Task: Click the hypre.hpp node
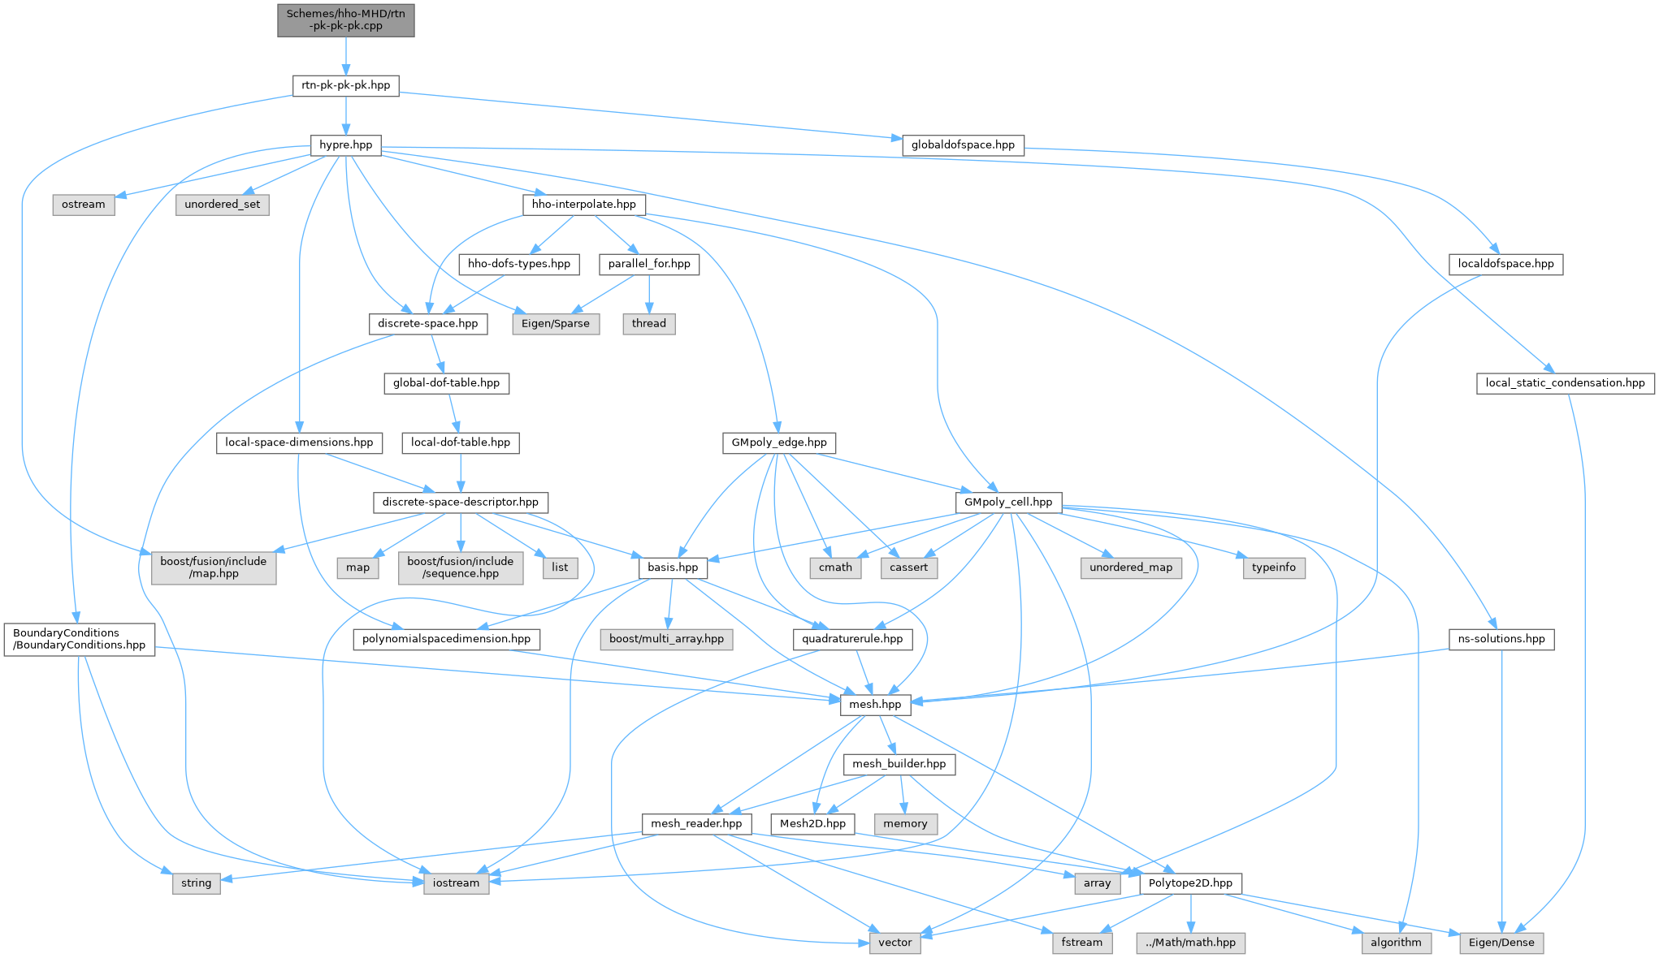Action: coord(345,145)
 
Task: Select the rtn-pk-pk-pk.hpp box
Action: coord(345,85)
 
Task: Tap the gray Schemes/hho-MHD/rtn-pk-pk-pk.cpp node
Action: coord(345,19)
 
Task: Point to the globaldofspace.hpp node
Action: coord(963,145)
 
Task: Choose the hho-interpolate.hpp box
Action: coord(583,205)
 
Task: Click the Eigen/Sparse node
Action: coord(556,324)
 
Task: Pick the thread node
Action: coord(648,324)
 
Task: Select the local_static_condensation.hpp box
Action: coord(1565,383)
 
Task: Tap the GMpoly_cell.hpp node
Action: coord(1007,503)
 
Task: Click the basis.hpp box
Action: coord(673,567)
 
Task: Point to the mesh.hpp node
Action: coord(875,705)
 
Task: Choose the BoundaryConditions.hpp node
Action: coord(79,639)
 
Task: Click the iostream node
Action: coord(456,883)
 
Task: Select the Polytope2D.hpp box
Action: coord(1190,883)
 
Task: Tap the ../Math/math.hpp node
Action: coord(1190,943)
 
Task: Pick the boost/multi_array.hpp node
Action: coord(666,639)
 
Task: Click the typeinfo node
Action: coord(1273,567)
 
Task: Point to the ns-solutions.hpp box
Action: coord(1501,639)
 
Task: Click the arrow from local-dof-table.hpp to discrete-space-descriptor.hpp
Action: coord(461,473)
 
